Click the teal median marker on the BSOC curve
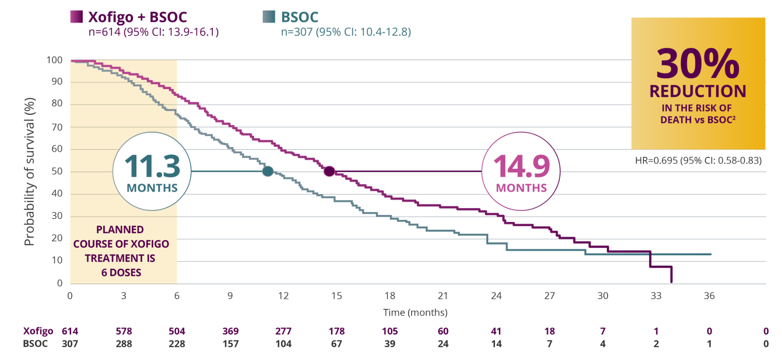point(268,171)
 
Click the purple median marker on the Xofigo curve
point(329,171)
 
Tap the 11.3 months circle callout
point(152,171)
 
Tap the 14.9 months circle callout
point(521,171)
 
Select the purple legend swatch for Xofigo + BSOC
point(77,17)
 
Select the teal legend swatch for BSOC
point(269,17)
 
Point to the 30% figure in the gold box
point(698,64)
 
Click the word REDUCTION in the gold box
point(698,91)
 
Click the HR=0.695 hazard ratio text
point(698,160)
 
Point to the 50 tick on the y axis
point(57,171)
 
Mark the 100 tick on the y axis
point(55,60)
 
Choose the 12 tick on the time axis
point(283,296)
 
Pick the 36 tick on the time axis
point(709,296)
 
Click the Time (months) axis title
point(415,313)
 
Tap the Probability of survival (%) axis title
point(29,171)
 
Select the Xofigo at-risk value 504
point(177,331)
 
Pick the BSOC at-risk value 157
point(231,343)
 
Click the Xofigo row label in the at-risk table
point(38,331)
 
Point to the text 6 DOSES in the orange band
point(121,273)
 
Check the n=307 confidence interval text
point(346,32)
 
